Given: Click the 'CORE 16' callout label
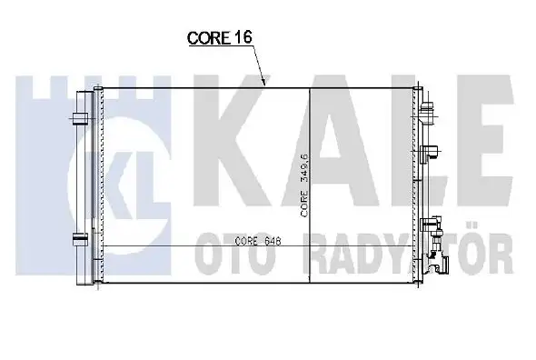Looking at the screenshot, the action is (x=220, y=37).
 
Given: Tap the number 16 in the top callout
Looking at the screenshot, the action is (x=243, y=37).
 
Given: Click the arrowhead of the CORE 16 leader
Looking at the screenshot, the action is (x=263, y=81).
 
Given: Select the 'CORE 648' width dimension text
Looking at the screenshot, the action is (x=258, y=241).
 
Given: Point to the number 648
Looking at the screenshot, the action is (x=273, y=241).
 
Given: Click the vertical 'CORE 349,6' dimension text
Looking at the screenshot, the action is (x=304, y=185).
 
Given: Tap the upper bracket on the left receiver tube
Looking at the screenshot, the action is (x=81, y=119).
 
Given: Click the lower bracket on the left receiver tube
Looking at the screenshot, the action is (x=81, y=239).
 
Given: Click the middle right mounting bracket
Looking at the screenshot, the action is (x=430, y=153).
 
